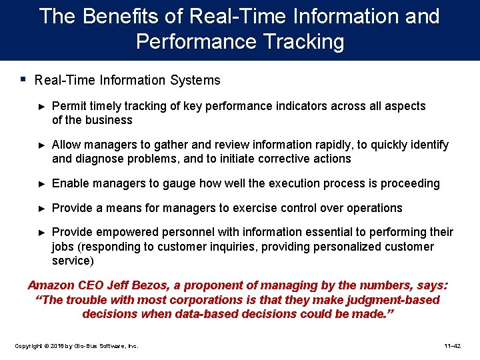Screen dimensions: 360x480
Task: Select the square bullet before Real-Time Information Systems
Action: coord(23,79)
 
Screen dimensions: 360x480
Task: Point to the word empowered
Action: coord(127,232)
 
